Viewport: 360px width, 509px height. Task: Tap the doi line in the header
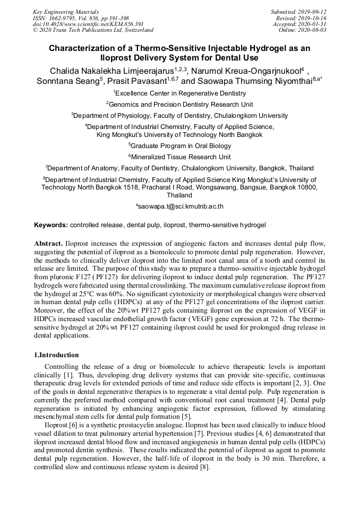[88, 24]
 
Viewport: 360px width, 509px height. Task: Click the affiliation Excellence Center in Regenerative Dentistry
[180, 93]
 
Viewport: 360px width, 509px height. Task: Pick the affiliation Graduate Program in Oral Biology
[180, 145]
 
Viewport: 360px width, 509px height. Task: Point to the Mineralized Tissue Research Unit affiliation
[180, 157]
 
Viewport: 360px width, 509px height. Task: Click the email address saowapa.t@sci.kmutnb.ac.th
[180, 206]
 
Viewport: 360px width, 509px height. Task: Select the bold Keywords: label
[51, 225]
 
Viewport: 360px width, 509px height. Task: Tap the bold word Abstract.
[49, 243]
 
